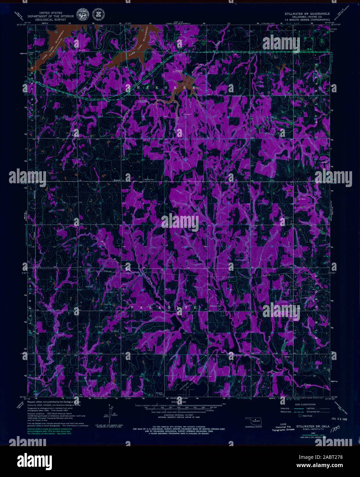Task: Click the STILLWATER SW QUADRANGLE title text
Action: tap(307, 13)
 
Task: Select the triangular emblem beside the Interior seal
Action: tap(100, 14)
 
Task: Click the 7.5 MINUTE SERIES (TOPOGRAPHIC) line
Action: tap(307, 21)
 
